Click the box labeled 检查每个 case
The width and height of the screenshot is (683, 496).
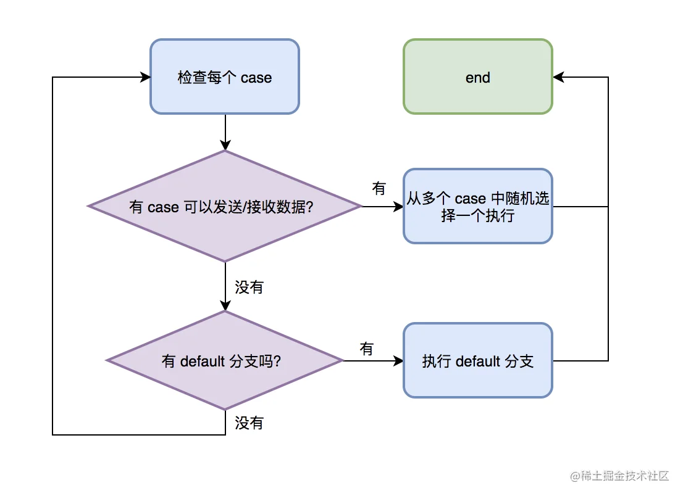click(225, 76)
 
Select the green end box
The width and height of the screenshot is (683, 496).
click(478, 76)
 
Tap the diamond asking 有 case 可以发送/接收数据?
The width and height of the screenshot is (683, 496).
click(225, 206)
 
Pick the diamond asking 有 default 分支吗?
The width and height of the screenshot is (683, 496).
click(225, 361)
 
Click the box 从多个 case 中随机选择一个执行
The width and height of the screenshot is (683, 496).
click(478, 206)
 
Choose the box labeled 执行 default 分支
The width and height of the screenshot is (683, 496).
click(478, 361)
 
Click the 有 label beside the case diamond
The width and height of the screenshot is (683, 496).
click(379, 188)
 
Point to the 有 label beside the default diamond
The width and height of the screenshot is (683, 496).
click(367, 349)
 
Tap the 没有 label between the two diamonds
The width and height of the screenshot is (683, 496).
click(249, 287)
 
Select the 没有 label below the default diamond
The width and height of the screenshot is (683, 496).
click(249, 423)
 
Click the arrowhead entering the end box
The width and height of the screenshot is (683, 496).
click(559, 77)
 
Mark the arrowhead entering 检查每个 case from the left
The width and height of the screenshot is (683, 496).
click(145, 77)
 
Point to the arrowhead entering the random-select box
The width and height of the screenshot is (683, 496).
click(398, 206)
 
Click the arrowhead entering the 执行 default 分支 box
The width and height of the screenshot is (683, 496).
click(398, 361)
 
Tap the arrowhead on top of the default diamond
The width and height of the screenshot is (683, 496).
click(225, 305)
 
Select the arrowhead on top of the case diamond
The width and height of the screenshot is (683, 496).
click(225, 145)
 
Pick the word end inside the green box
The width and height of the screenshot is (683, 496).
click(478, 78)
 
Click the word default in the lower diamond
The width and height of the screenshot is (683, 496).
click(203, 361)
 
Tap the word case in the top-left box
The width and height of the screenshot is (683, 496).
click(256, 78)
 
